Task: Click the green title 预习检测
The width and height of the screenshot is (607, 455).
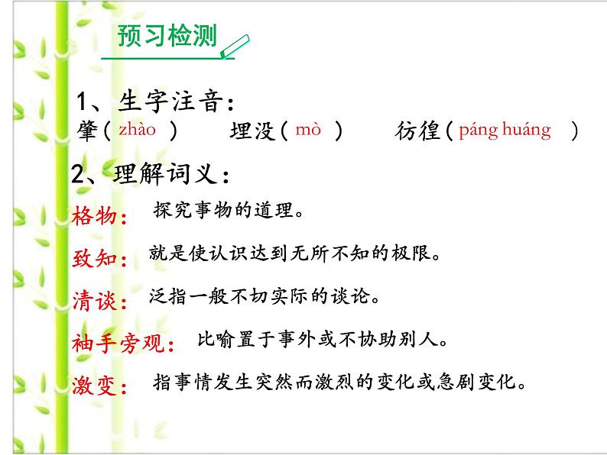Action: click(x=167, y=37)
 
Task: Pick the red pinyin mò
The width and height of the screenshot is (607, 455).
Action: click(x=308, y=131)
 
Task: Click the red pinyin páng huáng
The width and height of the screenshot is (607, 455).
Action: click(x=505, y=130)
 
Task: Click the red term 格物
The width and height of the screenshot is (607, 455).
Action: click(x=99, y=218)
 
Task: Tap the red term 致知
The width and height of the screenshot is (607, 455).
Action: click(x=99, y=260)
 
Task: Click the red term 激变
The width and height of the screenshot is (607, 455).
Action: click(x=99, y=386)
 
